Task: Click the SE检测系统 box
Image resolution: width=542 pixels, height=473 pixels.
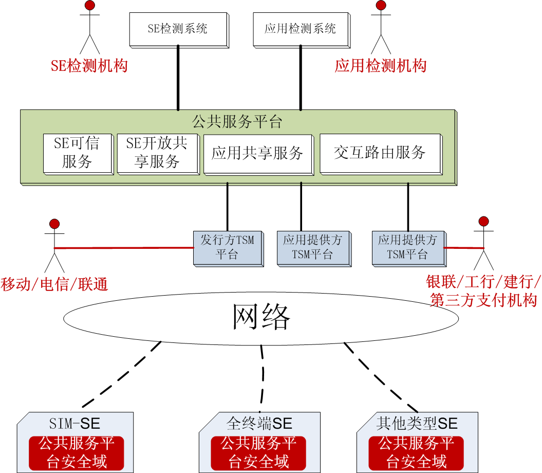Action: tap(178, 28)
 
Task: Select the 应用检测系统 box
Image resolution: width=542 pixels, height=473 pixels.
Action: tap(301, 28)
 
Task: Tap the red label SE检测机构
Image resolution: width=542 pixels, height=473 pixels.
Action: tap(89, 66)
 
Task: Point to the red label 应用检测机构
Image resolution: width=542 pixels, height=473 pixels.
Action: tap(381, 66)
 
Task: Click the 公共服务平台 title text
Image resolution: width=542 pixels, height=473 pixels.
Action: tap(237, 122)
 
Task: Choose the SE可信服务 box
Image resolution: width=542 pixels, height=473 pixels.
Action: tap(77, 153)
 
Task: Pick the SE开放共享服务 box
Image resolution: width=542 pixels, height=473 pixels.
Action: tap(157, 153)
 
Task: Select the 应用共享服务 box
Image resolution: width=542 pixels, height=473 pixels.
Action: tap(258, 153)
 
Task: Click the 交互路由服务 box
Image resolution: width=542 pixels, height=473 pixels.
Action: tap(380, 153)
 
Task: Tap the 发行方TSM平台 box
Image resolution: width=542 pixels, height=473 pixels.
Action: tap(228, 247)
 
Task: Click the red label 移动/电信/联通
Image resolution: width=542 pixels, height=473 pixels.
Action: tap(54, 284)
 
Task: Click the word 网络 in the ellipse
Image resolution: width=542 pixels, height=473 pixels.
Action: tap(261, 317)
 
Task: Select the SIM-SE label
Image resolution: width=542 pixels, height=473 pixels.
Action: tap(75, 424)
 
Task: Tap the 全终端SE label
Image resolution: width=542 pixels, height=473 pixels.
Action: tap(259, 424)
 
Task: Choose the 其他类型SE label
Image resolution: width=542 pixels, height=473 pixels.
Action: tap(417, 424)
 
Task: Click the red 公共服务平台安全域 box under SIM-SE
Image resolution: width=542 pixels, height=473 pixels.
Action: tap(77, 452)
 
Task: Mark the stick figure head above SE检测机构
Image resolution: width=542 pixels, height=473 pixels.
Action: tap(90, 6)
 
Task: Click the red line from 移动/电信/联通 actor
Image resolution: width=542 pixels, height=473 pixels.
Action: tap(123, 248)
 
